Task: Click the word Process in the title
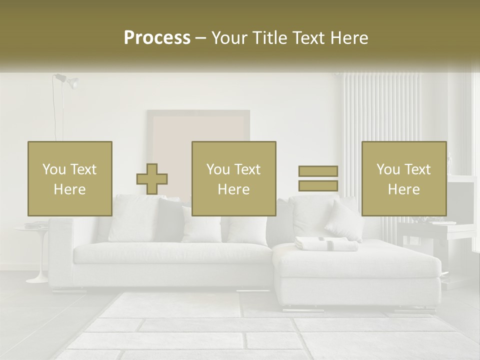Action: [157, 38]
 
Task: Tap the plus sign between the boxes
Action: [152, 179]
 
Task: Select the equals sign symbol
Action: [318, 178]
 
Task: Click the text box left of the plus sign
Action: [69, 178]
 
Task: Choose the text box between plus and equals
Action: [233, 178]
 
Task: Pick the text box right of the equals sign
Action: [403, 178]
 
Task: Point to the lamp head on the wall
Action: [72, 83]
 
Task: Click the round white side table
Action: [33, 229]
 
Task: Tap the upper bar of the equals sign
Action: [318, 171]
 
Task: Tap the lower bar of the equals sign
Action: [318, 186]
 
